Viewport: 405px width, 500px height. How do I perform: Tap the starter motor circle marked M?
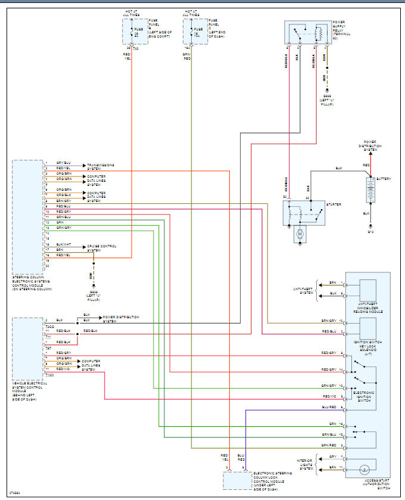point(301,236)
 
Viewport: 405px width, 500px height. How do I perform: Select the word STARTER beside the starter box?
point(333,205)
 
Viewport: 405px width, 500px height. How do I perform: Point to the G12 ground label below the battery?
point(370,231)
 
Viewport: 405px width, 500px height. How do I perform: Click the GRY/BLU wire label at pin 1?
point(63,163)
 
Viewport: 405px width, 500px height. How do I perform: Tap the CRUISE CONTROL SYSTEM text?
point(102,247)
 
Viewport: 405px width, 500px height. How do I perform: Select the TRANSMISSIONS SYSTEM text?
point(101,166)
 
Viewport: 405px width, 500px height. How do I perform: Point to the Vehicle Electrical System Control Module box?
point(27,349)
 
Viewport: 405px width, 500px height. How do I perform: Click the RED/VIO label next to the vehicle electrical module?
point(64,369)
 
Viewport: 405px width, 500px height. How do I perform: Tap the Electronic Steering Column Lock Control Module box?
point(237,480)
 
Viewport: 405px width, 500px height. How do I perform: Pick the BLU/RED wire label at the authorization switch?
point(329,406)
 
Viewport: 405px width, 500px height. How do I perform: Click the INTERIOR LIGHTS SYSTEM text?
point(307,464)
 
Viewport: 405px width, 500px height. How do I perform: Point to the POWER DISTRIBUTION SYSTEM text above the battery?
point(370,148)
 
